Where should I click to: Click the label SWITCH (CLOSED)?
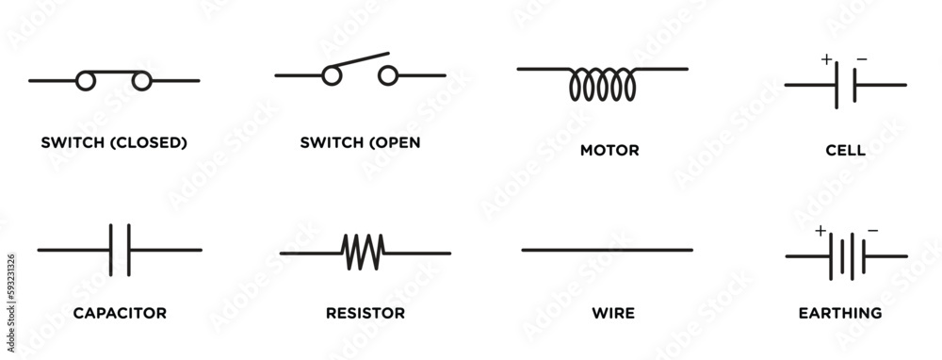point(114,143)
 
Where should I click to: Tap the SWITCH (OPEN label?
point(360,143)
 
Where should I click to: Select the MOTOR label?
point(609,150)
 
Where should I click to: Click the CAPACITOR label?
point(120,313)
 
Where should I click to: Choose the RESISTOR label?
point(365,313)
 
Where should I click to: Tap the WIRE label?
point(612,313)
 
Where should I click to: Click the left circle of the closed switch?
point(86,82)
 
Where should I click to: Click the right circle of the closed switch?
point(142,82)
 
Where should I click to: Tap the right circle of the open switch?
point(387,76)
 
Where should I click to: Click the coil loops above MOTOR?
point(602,85)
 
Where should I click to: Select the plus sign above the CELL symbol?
point(826,60)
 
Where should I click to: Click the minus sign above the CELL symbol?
point(862,60)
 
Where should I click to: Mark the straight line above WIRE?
point(607,250)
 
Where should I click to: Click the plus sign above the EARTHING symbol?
point(820,231)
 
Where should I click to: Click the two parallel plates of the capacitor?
point(120,250)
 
